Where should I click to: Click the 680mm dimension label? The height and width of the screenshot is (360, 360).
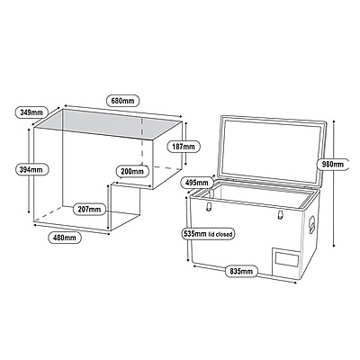[x=123, y=101]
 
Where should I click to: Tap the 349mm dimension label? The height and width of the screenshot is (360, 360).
[x=31, y=112]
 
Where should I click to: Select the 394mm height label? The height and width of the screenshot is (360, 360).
[x=31, y=169]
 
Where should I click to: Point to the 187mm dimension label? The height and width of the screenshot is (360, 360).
[x=184, y=147]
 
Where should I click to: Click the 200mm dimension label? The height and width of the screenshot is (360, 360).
[x=132, y=171]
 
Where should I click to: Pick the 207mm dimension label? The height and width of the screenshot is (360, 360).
[x=89, y=209]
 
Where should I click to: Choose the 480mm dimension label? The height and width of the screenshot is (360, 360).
[x=64, y=238]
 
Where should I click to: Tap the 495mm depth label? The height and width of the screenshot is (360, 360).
[x=197, y=182]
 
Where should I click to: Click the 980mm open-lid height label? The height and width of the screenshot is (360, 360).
[x=333, y=165]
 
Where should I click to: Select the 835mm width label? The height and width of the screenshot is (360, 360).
[x=241, y=271]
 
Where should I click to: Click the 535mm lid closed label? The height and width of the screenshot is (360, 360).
[x=208, y=234]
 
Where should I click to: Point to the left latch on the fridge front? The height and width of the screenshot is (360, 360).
[x=209, y=206]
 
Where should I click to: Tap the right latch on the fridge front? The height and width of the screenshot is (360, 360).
[x=280, y=215]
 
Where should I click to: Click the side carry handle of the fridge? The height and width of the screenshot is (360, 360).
[x=312, y=222]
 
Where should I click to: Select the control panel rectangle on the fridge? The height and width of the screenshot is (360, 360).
[x=286, y=259]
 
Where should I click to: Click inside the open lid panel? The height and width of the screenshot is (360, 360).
[x=272, y=150]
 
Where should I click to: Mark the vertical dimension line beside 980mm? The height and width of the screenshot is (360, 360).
[x=334, y=184]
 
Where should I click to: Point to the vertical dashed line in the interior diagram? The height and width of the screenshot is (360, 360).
[x=141, y=141]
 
